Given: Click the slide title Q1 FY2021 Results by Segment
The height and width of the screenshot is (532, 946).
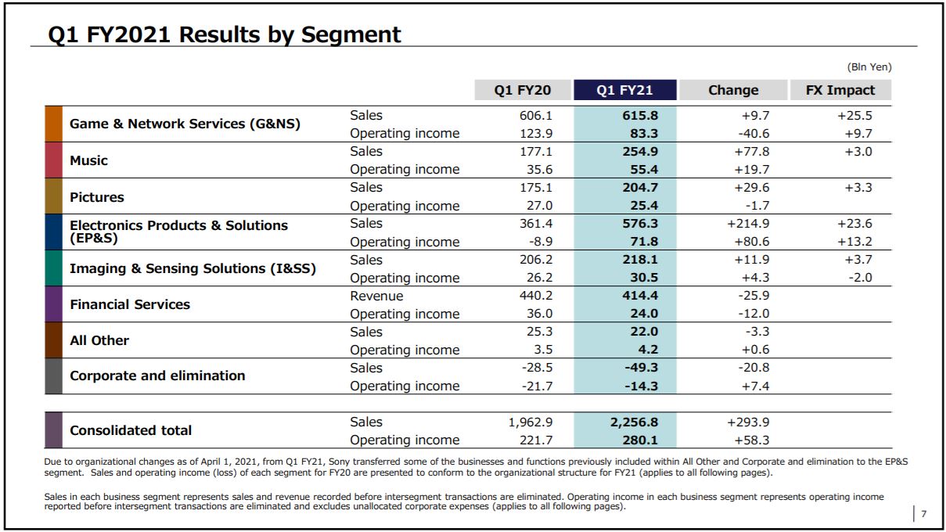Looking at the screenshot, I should [225, 34].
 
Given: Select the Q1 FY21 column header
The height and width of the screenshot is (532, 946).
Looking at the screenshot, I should [624, 90].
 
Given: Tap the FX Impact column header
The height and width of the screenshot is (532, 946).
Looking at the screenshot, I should [840, 90].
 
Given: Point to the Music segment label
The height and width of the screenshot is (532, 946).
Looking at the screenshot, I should [89, 160].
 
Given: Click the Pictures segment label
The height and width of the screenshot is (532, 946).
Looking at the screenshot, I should [97, 197].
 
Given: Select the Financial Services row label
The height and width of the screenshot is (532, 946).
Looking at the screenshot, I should [130, 304].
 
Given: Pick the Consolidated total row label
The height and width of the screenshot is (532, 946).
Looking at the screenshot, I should [131, 430].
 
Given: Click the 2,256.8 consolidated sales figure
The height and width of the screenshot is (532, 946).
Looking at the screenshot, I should [634, 422].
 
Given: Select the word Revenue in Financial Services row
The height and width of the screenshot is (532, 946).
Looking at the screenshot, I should [376, 296].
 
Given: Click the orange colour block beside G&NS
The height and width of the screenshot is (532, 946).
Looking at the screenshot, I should [53, 124].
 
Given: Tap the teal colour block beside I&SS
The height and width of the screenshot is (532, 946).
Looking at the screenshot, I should [53, 268].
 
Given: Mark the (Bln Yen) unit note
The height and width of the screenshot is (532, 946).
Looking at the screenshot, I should [869, 67].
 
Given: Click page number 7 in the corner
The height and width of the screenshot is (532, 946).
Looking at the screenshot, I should [924, 514].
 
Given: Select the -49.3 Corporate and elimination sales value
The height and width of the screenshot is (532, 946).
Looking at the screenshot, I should [641, 368].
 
